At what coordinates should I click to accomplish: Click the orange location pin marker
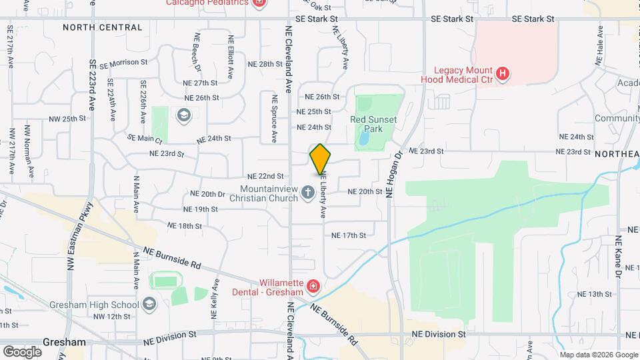(320, 159)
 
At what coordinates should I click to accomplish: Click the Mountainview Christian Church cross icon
(307, 193)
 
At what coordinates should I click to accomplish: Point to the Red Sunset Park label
(373, 125)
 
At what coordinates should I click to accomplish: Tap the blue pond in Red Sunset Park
(364, 137)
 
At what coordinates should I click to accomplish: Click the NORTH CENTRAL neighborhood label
(103, 27)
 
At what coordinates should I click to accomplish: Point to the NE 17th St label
(349, 235)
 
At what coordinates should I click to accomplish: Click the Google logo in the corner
(22, 351)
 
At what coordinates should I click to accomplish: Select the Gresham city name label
(65, 342)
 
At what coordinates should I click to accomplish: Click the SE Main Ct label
(145, 139)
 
